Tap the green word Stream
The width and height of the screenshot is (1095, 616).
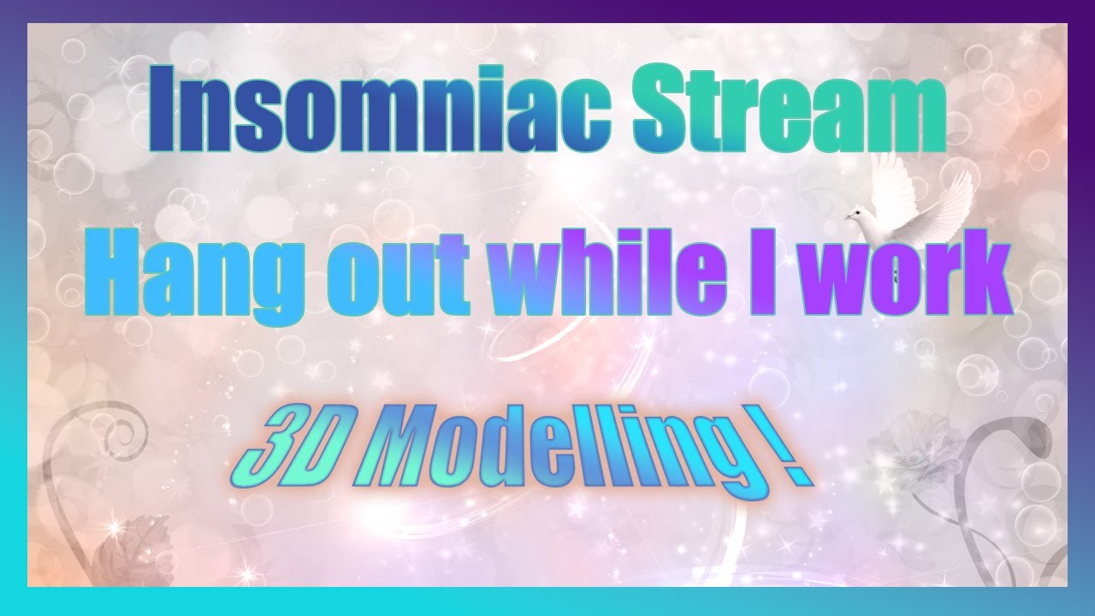click(x=789, y=109)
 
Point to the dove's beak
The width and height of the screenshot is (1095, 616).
click(x=847, y=216)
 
